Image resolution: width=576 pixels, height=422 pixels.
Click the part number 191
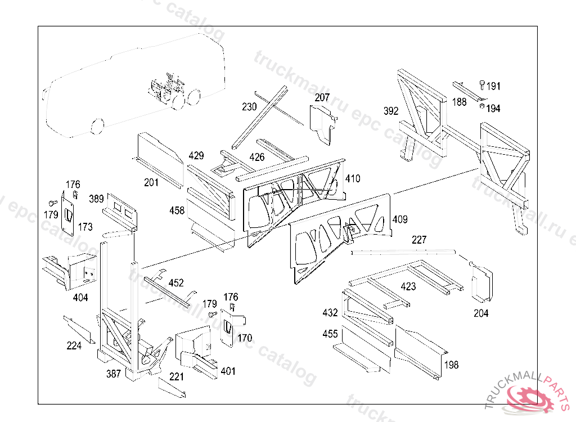pyautogui.click(x=493, y=86)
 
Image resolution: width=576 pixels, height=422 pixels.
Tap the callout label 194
pyautogui.click(x=493, y=109)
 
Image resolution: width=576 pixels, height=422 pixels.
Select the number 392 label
pyautogui.click(x=391, y=111)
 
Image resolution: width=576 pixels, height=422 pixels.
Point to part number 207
pyautogui.click(x=322, y=97)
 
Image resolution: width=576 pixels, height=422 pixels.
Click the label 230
pyautogui.click(x=249, y=106)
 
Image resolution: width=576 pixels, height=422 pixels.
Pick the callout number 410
pyautogui.click(x=353, y=178)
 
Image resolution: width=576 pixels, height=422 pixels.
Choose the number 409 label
pyautogui.click(x=400, y=219)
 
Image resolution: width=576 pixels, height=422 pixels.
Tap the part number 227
pyautogui.click(x=419, y=240)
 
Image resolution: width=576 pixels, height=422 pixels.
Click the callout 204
pyautogui.click(x=481, y=313)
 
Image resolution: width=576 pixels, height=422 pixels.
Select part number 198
pyautogui.click(x=452, y=365)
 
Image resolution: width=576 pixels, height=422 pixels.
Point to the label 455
pyautogui.click(x=330, y=334)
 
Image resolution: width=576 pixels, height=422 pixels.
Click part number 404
pyautogui.click(x=80, y=298)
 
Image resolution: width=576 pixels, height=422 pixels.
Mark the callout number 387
pyautogui.click(x=114, y=374)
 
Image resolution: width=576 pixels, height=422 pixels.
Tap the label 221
pyautogui.click(x=176, y=376)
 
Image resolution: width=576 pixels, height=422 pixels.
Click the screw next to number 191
pyautogui.click(x=482, y=86)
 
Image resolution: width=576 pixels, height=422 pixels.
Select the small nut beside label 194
pyautogui.click(x=482, y=106)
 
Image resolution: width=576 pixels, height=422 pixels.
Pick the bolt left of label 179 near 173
pyautogui.click(x=53, y=203)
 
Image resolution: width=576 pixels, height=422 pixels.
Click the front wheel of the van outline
pyautogui.click(x=97, y=126)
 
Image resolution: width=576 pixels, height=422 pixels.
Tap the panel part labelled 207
pyautogui.click(x=322, y=124)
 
